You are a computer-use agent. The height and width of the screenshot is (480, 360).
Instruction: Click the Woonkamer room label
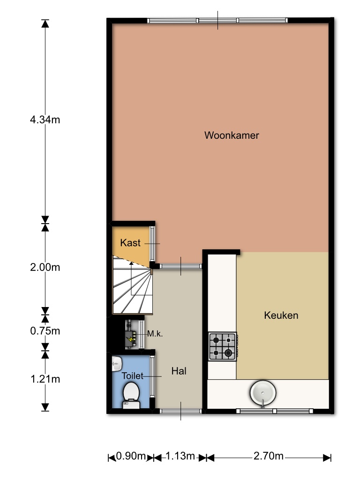tap(232, 135)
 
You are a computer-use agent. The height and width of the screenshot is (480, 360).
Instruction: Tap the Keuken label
tap(281, 315)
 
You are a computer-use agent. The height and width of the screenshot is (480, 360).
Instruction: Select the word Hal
tap(179, 371)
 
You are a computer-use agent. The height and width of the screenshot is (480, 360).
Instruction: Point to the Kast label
tap(130, 243)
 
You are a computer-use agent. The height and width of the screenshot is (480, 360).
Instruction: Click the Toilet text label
tap(132, 375)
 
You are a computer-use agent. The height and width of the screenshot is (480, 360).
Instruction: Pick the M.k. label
tap(155, 334)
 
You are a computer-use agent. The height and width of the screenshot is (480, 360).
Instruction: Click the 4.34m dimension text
tap(45, 120)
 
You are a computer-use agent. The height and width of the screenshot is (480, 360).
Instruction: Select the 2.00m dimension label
tap(45, 267)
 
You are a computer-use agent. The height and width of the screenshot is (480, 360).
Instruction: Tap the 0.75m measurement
tap(45, 331)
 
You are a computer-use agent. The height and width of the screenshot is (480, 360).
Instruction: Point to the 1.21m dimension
tap(45, 379)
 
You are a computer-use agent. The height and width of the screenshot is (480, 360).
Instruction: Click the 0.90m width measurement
tap(131, 456)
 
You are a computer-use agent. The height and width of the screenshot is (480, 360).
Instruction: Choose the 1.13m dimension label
tap(180, 456)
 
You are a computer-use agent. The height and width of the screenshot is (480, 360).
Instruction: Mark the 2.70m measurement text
tap(269, 456)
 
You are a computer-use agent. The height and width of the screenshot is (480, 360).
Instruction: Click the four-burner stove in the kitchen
tap(223, 346)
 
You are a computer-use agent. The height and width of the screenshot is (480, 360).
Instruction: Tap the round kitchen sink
tap(263, 393)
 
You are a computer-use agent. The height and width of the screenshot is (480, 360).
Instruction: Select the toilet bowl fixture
tap(131, 396)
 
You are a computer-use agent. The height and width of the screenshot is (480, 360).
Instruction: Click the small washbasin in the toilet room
tap(117, 364)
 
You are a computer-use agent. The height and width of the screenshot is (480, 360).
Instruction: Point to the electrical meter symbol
tap(131, 335)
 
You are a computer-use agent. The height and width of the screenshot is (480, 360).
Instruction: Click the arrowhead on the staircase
tap(131, 263)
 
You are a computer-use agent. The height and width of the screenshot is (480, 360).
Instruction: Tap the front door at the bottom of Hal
tap(180, 411)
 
